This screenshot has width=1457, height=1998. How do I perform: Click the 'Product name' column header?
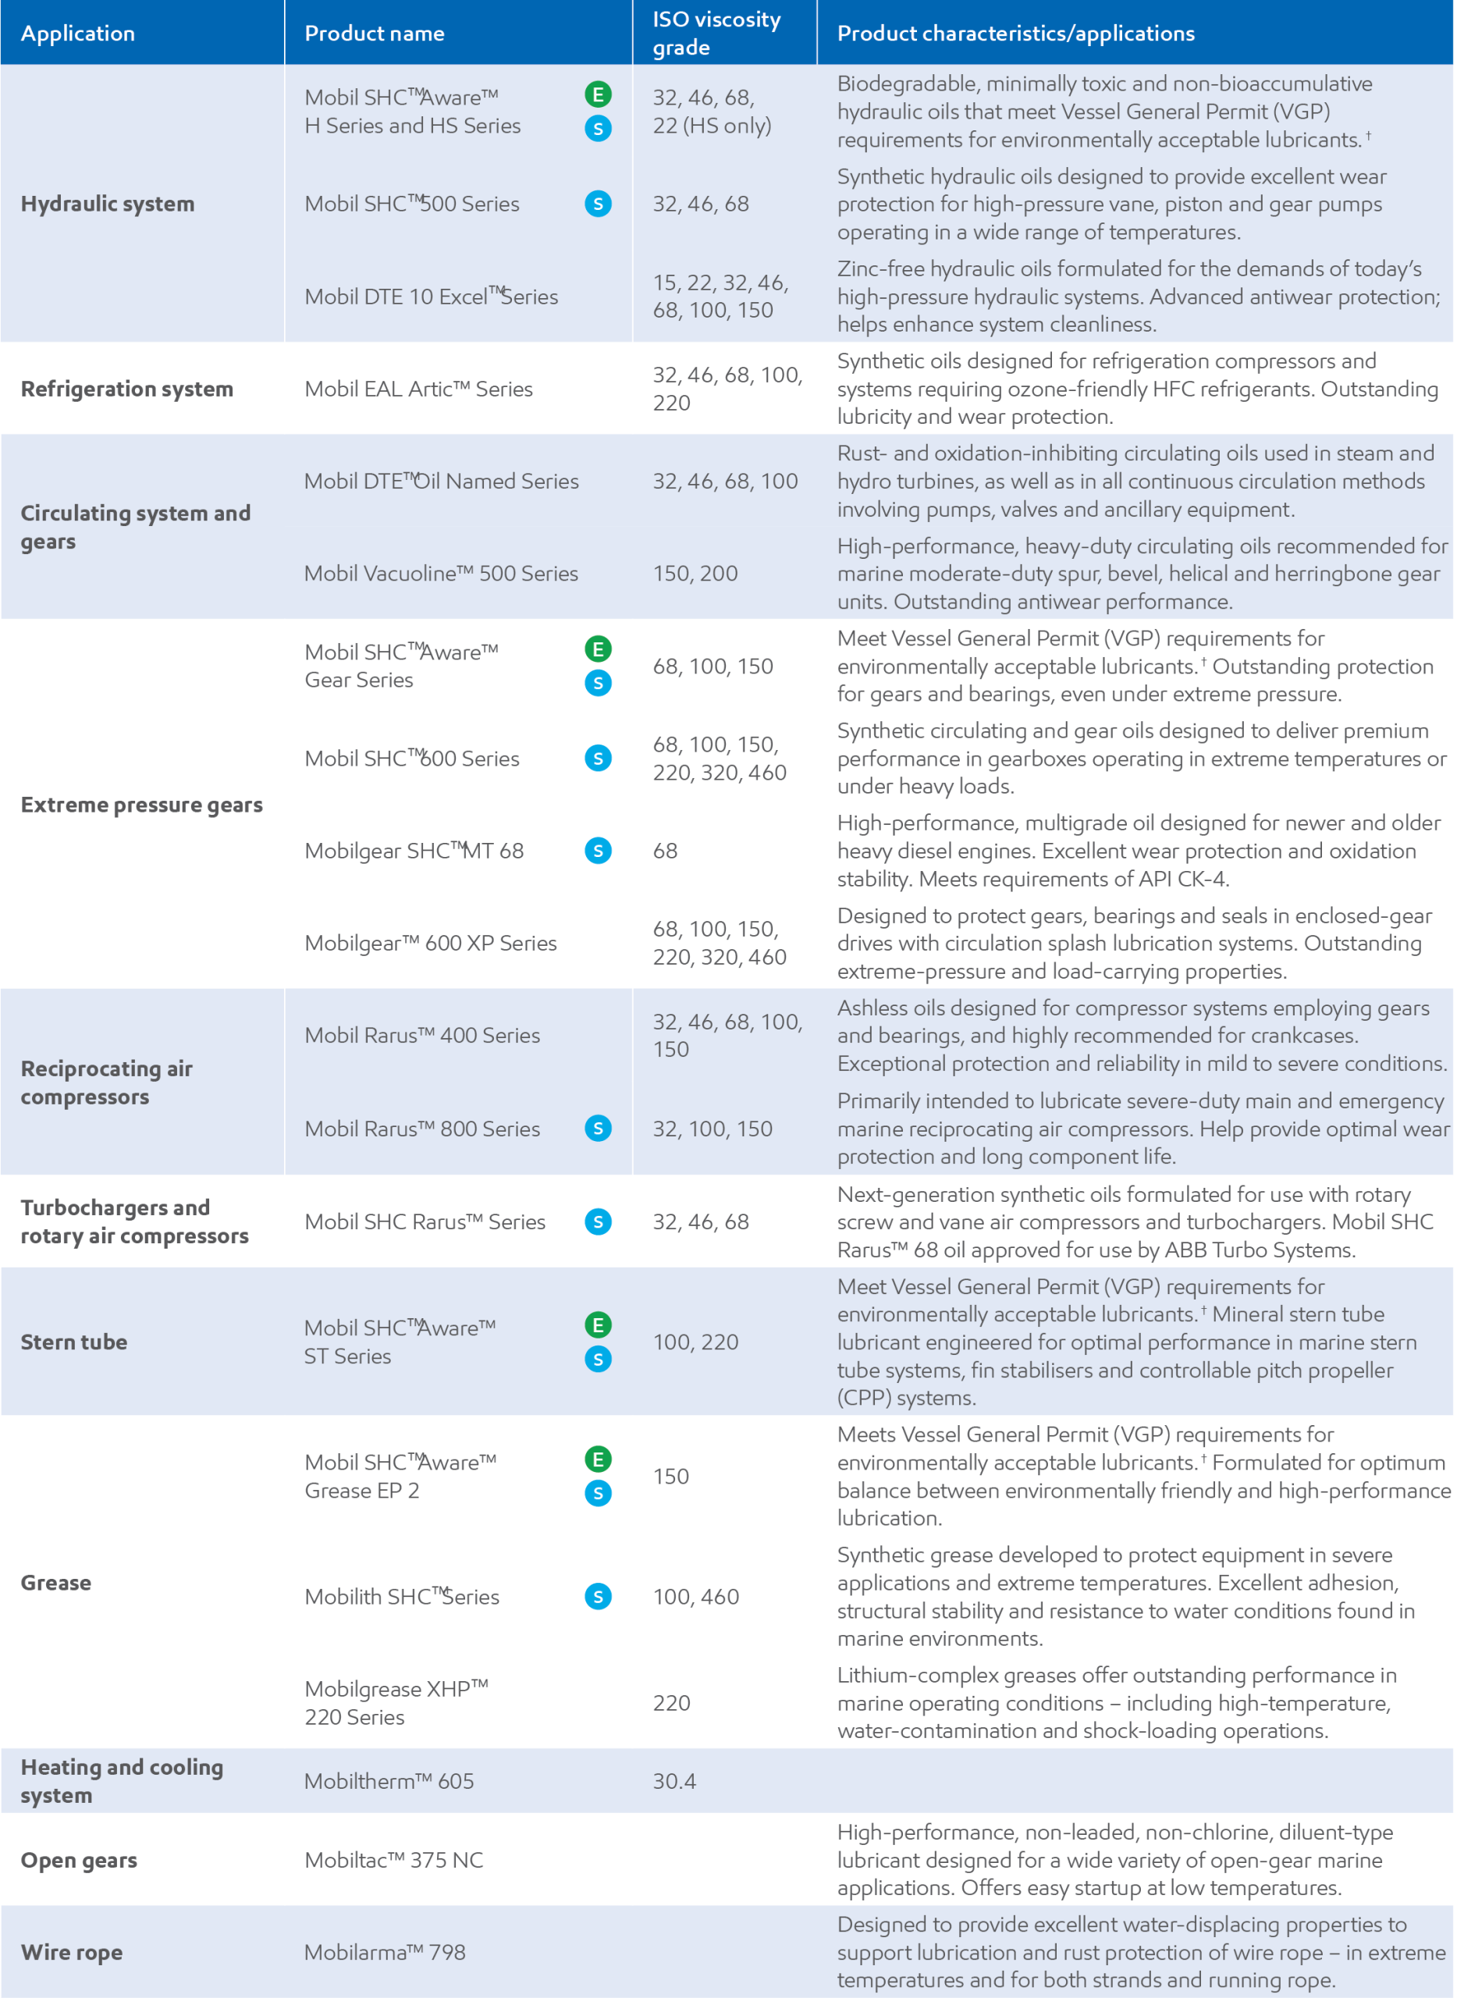pos(374,34)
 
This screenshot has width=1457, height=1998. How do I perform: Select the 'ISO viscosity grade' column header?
pos(716,34)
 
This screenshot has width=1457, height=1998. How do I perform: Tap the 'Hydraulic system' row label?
pos(108,204)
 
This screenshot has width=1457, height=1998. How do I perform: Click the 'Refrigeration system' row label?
pos(127,389)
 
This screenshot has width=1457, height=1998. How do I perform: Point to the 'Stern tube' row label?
pos(74,1342)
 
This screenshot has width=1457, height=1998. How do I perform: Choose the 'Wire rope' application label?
pos(72,1951)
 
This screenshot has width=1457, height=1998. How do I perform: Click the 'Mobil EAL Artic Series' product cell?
pos(419,389)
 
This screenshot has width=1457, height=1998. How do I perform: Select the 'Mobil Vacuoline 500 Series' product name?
pos(441,574)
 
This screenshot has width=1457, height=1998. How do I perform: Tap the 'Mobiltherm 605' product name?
pos(389,1780)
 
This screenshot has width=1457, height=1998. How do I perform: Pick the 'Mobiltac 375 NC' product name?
pos(393,1860)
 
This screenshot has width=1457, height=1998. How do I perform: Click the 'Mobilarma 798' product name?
pos(385,1951)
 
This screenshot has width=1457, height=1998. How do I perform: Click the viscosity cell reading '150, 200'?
pos(695,574)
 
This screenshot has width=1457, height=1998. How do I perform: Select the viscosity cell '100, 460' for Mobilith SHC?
pos(696,1596)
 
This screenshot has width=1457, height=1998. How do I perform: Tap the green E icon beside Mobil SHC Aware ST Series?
pos(598,1325)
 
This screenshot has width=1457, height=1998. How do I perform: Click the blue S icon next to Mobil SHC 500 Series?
pos(598,204)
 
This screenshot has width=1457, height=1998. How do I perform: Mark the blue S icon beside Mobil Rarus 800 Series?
pos(598,1129)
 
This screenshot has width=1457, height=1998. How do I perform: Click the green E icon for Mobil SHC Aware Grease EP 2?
pos(598,1459)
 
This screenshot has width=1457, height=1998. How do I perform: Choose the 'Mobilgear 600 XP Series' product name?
pos(431,943)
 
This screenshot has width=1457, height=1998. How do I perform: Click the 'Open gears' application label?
pos(79,1860)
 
